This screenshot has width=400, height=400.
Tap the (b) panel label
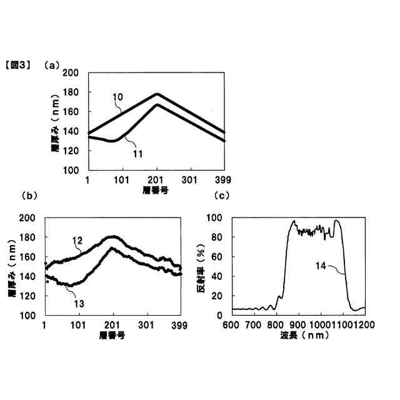pos(29,196)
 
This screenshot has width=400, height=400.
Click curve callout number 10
pos(118,97)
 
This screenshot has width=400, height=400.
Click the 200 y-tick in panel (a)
pos(71,74)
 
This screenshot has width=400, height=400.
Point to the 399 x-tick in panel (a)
pos(223,179)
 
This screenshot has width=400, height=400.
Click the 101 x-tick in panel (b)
pos(79,325)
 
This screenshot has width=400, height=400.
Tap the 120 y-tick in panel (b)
pos(27,296)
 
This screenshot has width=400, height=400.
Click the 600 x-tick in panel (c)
pos(232,325)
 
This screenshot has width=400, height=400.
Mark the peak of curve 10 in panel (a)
pos(157,94)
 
